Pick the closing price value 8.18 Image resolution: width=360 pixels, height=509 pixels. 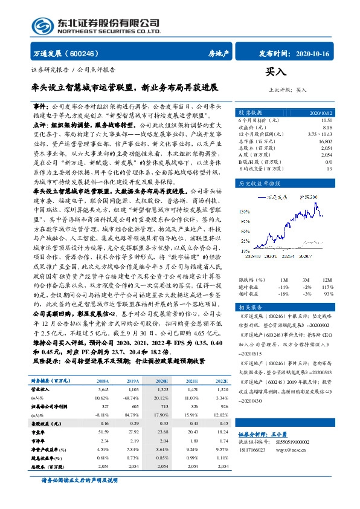[327, 128]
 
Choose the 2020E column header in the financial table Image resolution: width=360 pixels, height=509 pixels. [161, 381]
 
